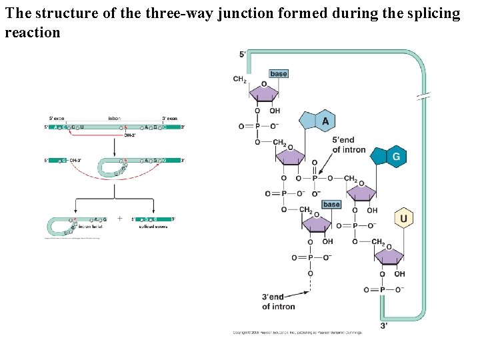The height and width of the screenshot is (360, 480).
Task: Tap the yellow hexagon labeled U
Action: [403, 218]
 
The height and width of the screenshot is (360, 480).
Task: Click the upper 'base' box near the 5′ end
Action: [279, 73]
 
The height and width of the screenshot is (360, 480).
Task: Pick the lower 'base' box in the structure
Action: [331, 204]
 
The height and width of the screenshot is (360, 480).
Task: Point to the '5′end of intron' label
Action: [349, 145]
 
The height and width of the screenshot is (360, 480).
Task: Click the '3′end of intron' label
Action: [279, 301]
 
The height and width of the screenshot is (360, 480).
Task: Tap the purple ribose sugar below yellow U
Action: [389, 256]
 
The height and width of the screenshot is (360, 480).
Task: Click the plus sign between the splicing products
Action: [119, 218]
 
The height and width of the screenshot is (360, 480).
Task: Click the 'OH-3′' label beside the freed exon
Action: [74, 160]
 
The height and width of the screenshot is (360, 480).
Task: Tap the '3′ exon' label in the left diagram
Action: [169, 119]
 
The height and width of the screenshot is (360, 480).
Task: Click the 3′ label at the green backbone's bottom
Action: [384, 325]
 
